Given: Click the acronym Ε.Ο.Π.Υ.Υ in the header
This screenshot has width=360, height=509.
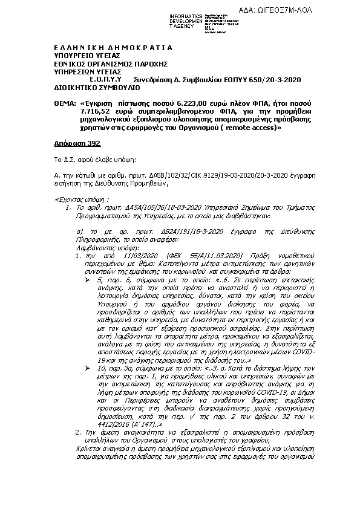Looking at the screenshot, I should [x=106, y=79].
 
